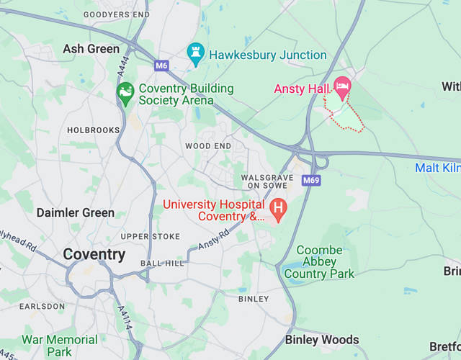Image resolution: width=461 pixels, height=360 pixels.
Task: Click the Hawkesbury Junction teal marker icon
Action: (x=195, y=53)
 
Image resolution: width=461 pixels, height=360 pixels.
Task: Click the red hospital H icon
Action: (x=278, y=209)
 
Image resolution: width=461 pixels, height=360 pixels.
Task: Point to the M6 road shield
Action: (x=161, y=66)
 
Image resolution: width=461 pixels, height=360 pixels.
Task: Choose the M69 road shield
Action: (x=311, y=181)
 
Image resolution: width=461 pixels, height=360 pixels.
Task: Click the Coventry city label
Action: (x=94, y=254)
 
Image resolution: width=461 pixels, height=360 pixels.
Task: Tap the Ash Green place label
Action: (x=91, y=49)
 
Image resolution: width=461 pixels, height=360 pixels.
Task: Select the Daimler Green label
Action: (x=75, y=212)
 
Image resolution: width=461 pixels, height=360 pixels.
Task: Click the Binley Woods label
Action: (x=322, y=339)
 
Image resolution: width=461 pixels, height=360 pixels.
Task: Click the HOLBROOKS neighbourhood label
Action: (x=93, y=130)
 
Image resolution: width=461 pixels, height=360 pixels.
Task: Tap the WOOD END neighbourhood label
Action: (x=208, y=145)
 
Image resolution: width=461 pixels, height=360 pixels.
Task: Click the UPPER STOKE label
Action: (x=150, y=236)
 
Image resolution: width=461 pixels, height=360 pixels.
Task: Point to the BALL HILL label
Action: (x=163, y=264)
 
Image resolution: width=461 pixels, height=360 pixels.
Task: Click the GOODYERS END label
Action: (x=116, y=14)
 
